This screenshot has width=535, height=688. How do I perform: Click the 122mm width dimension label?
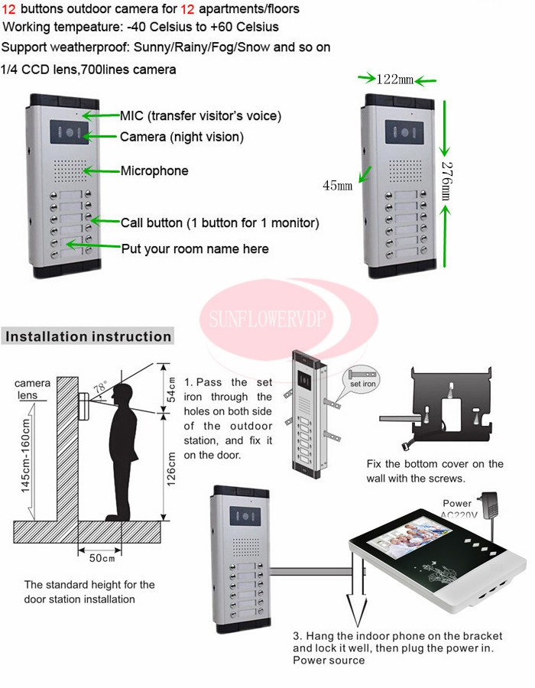click(395, 79)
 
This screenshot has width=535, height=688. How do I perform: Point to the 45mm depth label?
click(337, 185)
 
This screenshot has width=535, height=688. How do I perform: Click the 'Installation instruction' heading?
click(89, 336)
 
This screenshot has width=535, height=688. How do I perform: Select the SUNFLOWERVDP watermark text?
click(290, 314)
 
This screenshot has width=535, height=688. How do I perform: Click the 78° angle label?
click(100, 388)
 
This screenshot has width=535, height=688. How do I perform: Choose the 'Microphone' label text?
click(154, 170)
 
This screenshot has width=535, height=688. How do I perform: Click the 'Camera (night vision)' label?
click(182, 137)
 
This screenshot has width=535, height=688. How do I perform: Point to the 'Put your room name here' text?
click(195, 248)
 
